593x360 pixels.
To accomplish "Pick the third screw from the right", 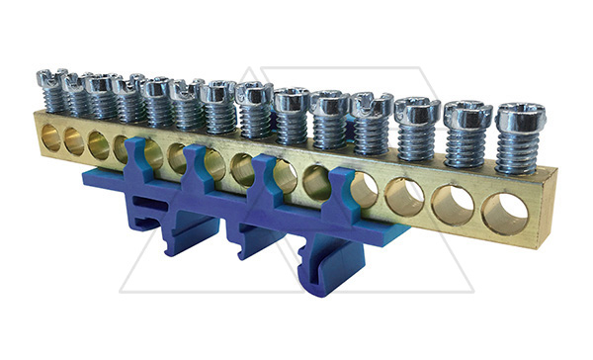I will (x=417, y=111).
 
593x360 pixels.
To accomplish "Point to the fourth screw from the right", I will (x=372, y=105).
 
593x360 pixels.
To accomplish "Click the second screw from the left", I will (x=76, y=82).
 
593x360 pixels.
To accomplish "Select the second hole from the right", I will (x=454, y=203).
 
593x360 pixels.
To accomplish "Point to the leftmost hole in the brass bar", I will (x=50, y=138).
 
